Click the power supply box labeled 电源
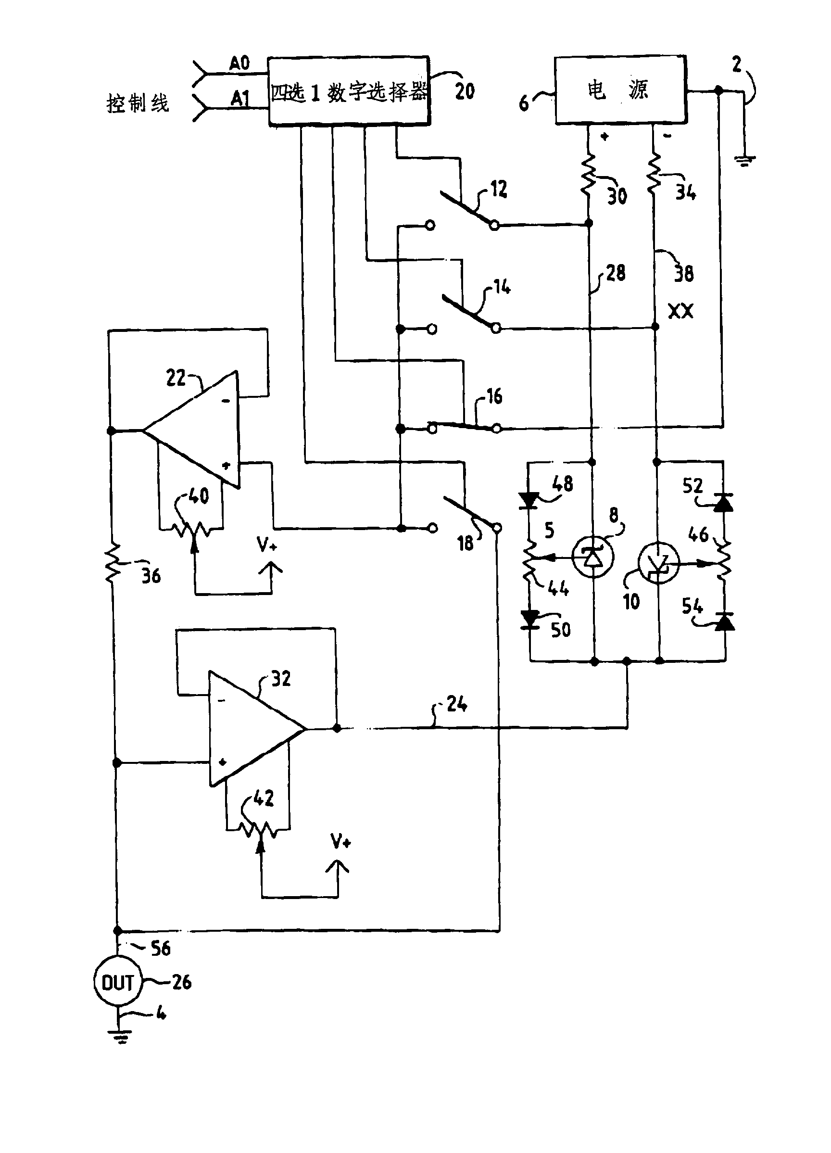coord(620,90)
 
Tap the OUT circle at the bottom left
coord(117,982)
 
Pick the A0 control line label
coord(239,63)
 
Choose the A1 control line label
coord(240,98)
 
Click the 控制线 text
coord(137,103)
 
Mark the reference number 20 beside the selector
coord(465,91)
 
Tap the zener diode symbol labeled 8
coord(592,557)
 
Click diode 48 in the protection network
coord(529,500)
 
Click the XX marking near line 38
coord(680,311)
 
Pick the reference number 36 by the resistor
coord(151,576)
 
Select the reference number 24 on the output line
coord(456,704)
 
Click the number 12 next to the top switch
coord(499,189)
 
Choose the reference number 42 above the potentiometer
coord(264,798)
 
